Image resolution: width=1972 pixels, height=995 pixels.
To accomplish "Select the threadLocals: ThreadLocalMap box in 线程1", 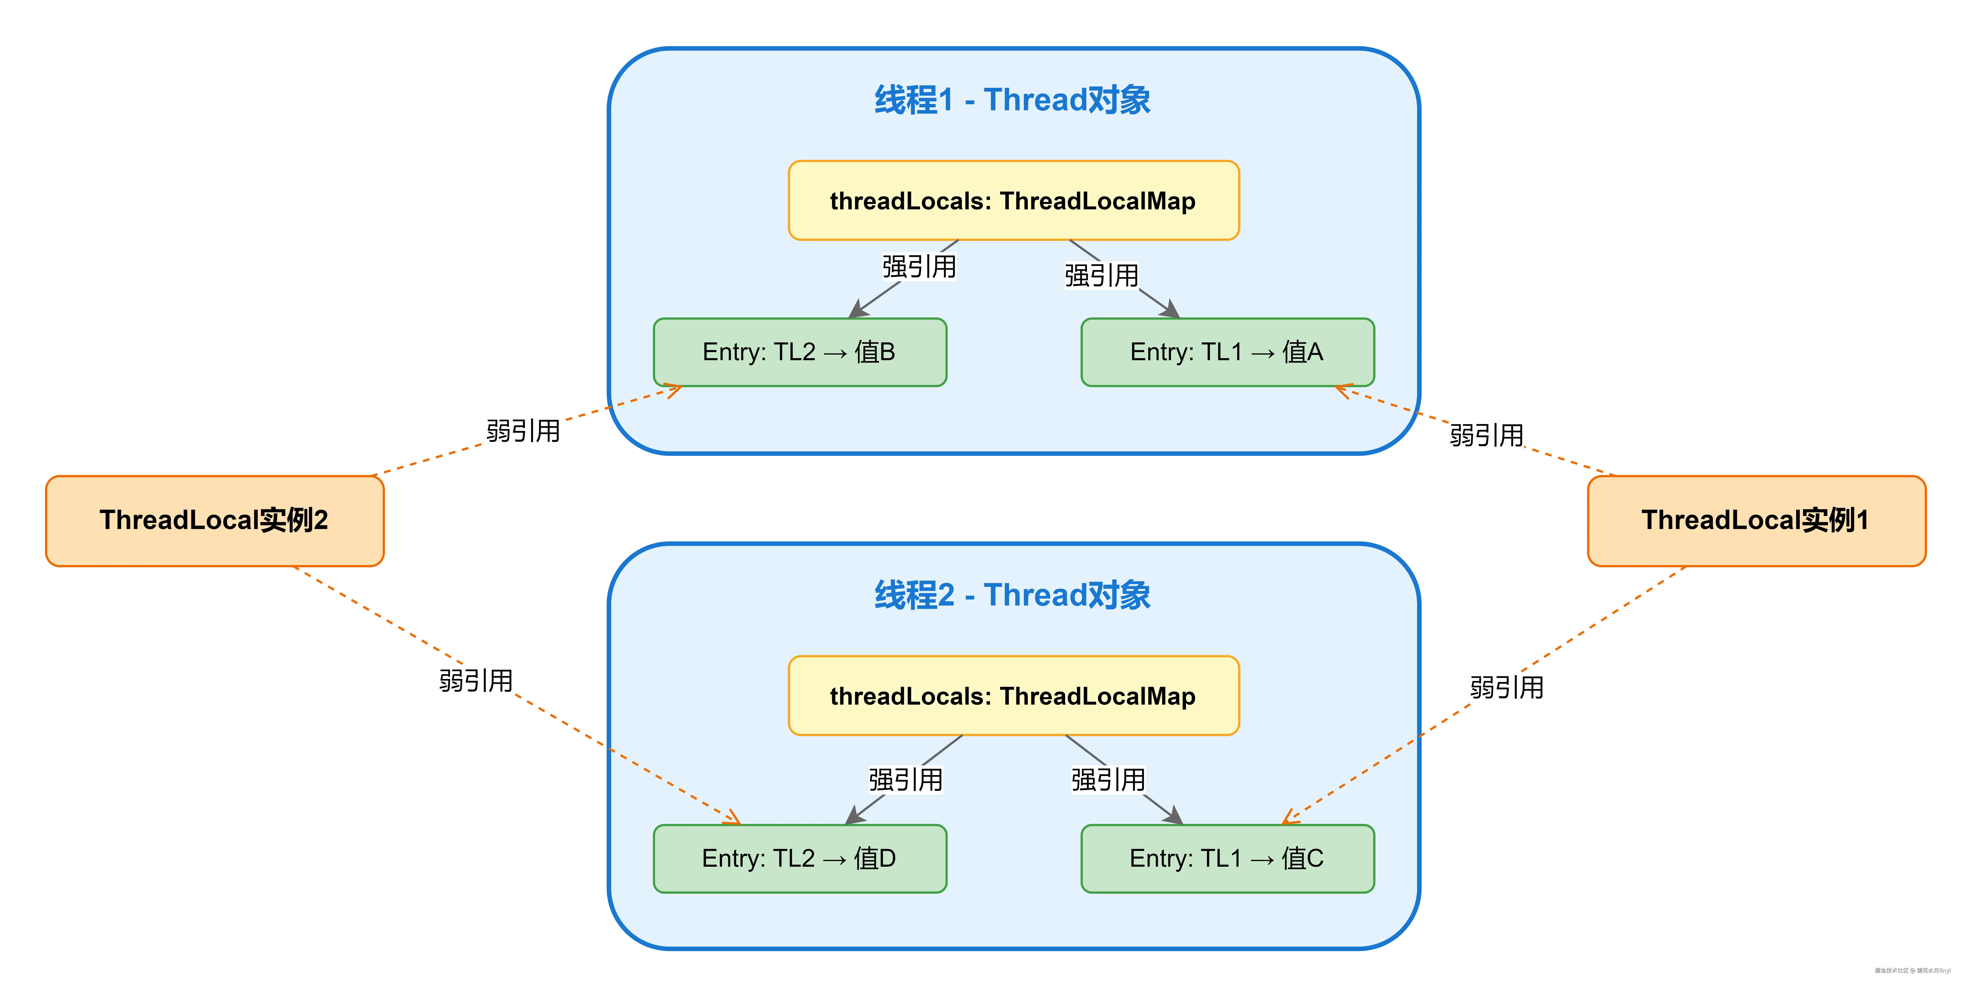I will [x=1013, y=201].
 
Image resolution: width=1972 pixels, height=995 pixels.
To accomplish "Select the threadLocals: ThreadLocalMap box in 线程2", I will [x=1013, y=696].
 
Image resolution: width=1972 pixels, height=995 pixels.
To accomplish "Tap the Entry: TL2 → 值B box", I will [x=800, y=352].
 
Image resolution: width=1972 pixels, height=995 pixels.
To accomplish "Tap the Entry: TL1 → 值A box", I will [x=1227, y=352].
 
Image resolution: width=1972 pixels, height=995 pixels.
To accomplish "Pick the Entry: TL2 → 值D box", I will [x=800, y=858].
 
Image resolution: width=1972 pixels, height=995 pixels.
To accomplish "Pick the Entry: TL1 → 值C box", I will [x=1227, y=858].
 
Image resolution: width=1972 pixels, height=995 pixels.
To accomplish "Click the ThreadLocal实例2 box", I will [x=214, y=520].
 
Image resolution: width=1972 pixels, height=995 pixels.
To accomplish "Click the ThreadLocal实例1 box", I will [x=1756, y=520].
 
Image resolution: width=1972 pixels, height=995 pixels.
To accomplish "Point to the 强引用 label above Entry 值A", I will [x=1101, y=276].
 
